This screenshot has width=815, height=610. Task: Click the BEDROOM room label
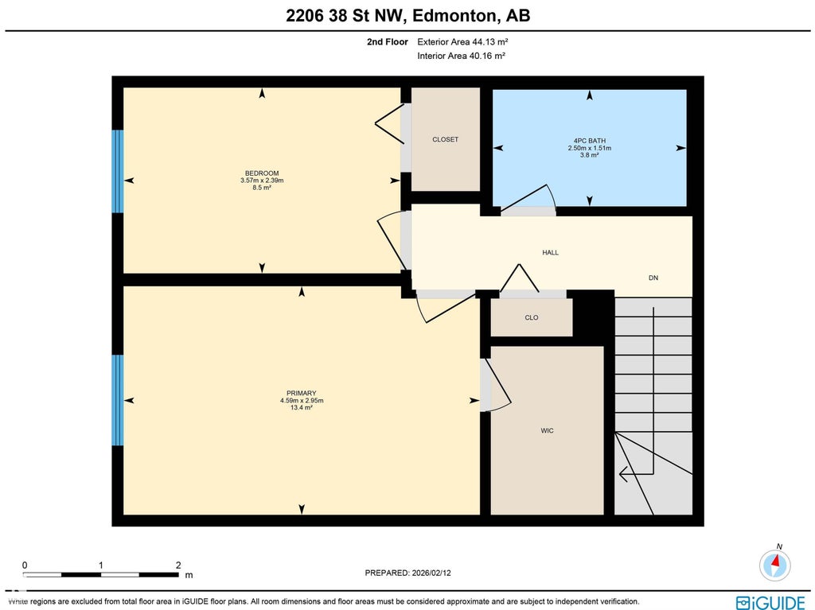pyautogui.click(x=262, y=173)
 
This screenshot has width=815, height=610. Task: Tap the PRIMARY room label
pyautogui.click(x=302, y=394)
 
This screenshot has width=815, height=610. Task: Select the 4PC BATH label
pyautogui.click(x=590, y=141)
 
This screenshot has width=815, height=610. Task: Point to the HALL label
pyautogui.click(x=551, y=253)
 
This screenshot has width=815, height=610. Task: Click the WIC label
pyautogui.click(x=547, y=431)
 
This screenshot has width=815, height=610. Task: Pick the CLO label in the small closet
pyautogui.click(x=531, y=317)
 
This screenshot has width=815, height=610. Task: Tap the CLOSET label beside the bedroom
pyautogui.click(x=446, y=139)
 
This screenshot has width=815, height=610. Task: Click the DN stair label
pyautogui.click(x=653, y=278)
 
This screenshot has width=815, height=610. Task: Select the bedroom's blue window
pyautogui.click(x=118, y=172)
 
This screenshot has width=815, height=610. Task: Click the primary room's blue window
pyautogui.click(x=118, y=400)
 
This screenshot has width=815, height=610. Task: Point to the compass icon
pyautogui.click(x=775, y=565)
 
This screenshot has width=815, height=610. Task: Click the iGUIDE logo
pyautogui.click(x=770, y=603)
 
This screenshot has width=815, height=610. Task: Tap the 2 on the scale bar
pyautogui.click(x=178, y=565)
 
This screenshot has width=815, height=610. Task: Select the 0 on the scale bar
pyautogui.click(x=25, y=565)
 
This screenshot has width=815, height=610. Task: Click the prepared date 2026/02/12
pyautogui.click(x=431, y=573)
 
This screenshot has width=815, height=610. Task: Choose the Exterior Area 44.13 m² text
pyautogui.click(x=462, y=41)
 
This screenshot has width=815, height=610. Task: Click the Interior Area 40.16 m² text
pyautogui.click(x=462, y=56)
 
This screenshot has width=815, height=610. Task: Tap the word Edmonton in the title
pyautogui.click(x=453, y=16)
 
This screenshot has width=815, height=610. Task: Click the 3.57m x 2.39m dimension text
pyautogui.click(x=262, y=181)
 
